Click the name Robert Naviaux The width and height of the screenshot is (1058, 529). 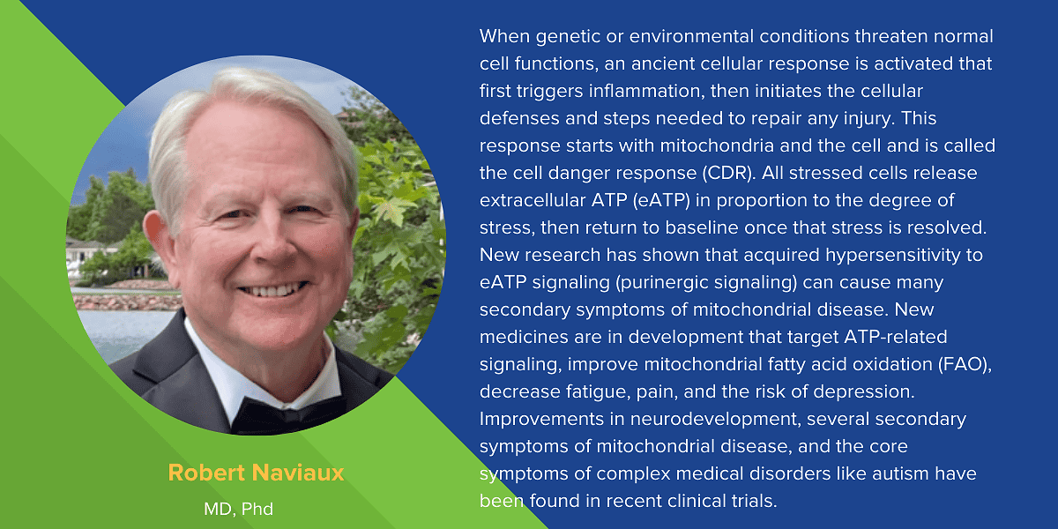tap(256, 473)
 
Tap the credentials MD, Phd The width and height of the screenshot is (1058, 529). tap(239, 510)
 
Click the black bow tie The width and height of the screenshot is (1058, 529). tap(288, 414)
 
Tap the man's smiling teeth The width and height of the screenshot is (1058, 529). tap(273, 289)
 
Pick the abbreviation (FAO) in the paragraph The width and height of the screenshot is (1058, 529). tap(965, 365)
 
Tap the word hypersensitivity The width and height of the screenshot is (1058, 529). tap(893, 256)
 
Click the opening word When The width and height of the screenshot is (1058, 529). tap(505, 36)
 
